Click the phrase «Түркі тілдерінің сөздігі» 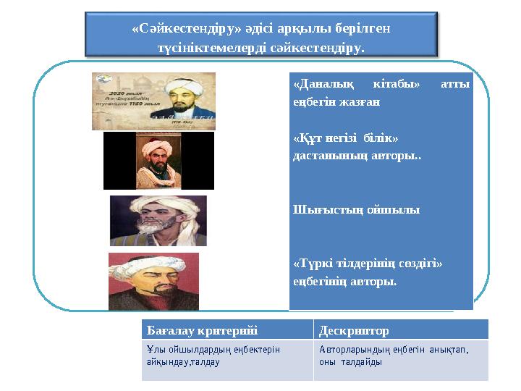click(x=368, y=264)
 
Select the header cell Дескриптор click(x=354, y=331)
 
